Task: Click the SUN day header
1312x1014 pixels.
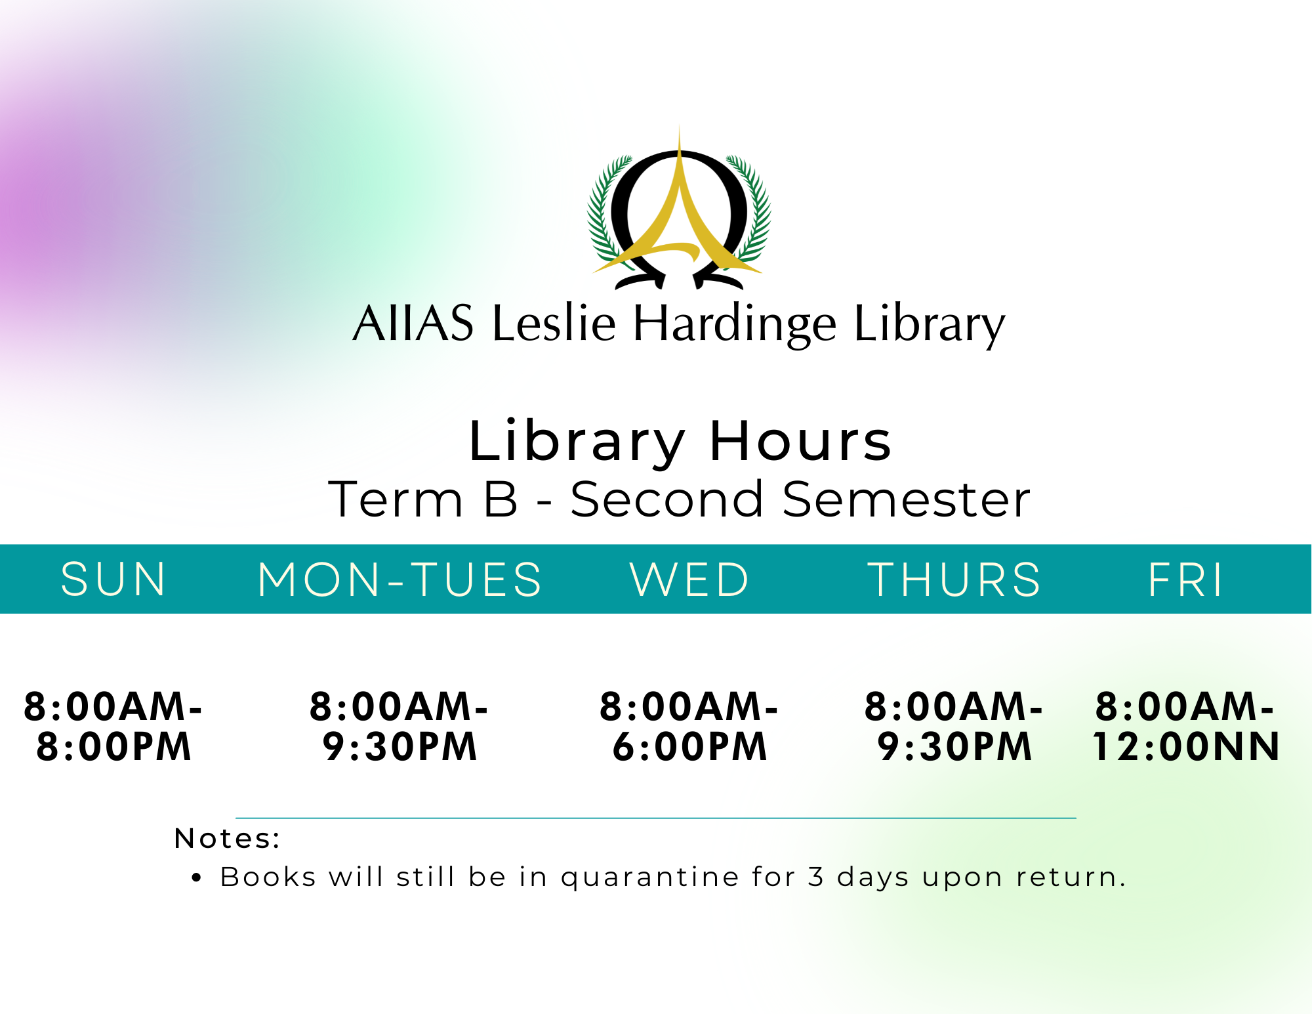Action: point(113,580)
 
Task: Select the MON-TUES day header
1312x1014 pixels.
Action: point(400,580)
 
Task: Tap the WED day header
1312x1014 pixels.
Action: point(689,580)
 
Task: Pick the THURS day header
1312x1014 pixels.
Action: point(954,580)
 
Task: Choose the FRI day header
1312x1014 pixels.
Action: point(1185,580)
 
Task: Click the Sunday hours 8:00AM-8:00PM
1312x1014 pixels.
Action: point(113,727)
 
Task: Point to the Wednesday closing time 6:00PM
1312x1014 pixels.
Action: point(689,747)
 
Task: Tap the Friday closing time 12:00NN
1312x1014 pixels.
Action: point(1186,747)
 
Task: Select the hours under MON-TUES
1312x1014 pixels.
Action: point(400,727)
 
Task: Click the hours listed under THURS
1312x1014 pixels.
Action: point(954,727)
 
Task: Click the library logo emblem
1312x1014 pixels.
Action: point(679,209)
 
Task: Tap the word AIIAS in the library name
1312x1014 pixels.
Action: point(413,323)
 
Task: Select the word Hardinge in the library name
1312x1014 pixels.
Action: point(735,324)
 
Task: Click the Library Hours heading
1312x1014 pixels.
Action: point(680,441)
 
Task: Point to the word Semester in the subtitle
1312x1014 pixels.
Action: point(906,499)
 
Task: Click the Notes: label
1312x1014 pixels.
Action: point(228,838)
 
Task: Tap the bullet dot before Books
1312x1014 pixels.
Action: point(196,878)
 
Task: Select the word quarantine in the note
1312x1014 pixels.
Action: point(650,878)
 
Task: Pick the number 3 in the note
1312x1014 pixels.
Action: point(815,877)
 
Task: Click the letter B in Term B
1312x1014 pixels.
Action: point(501,499)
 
